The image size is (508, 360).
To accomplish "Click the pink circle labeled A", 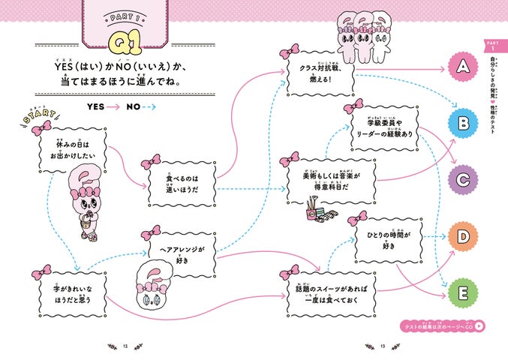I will pos(463,67).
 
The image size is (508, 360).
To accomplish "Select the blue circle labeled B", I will pos(463,122).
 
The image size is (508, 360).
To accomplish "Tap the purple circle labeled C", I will pos(463,178).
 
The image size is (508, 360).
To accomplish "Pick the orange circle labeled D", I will pos(463,236).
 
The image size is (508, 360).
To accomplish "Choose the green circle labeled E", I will pos(463,292).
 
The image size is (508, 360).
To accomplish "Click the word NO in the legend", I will pos(134,106).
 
